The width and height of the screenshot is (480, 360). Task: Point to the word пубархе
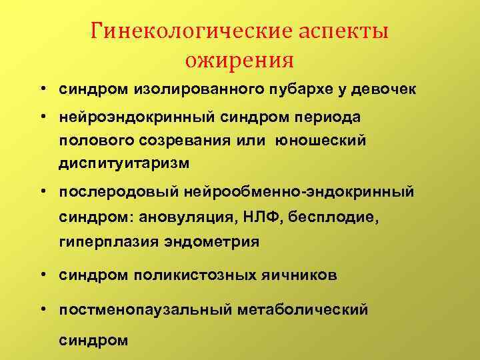(307, 89)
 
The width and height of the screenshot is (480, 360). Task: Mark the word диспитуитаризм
(124, 164)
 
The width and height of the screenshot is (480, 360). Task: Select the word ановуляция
(207, 217)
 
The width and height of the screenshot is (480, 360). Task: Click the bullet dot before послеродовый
(42, 192)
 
